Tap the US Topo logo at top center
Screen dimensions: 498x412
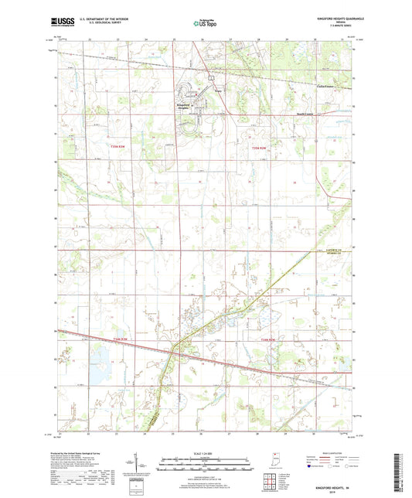(x=205, y=24)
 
